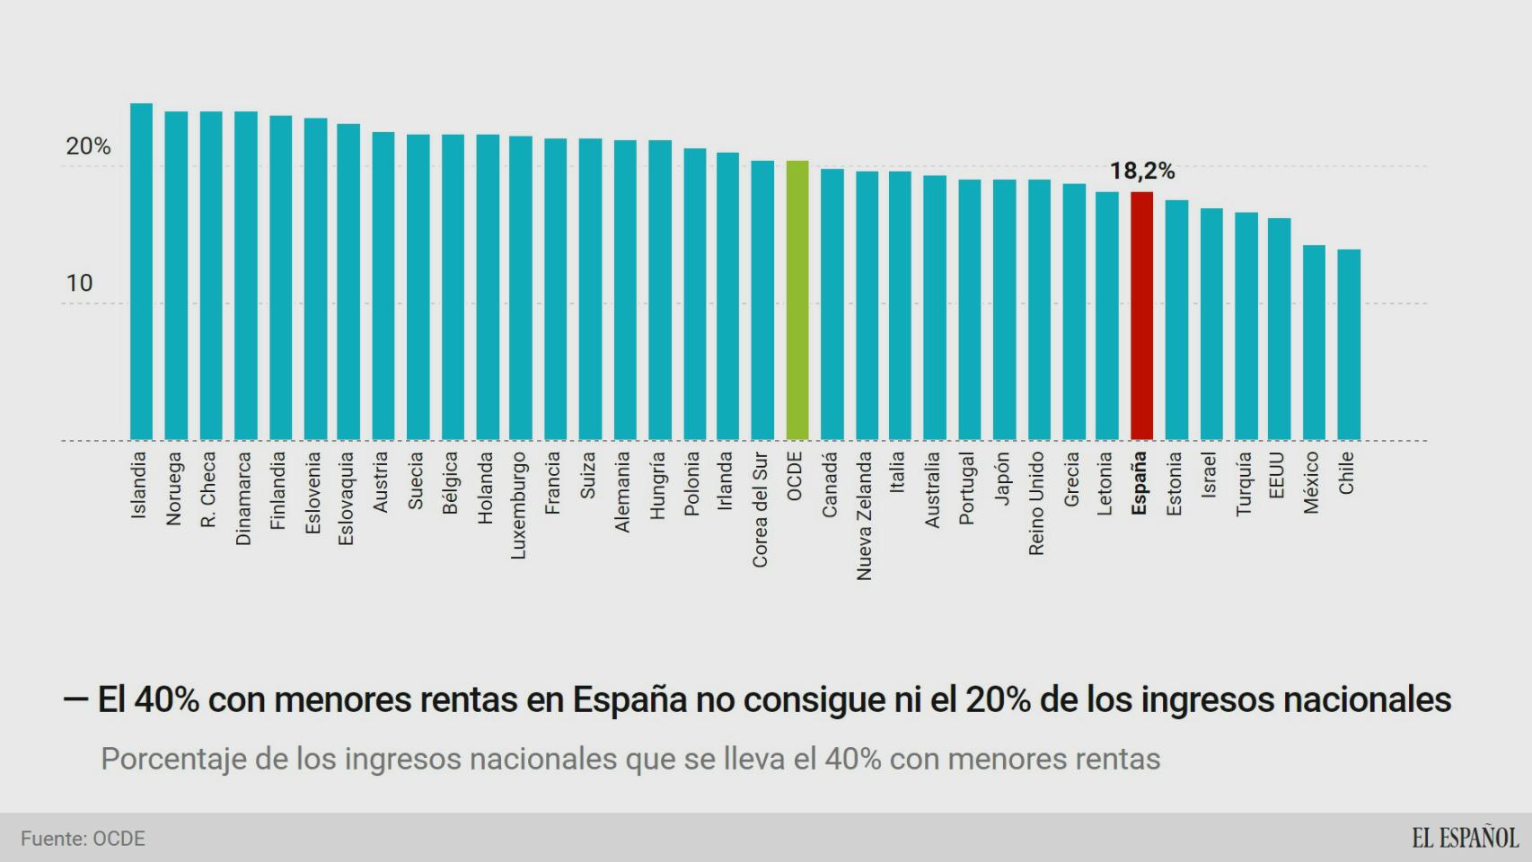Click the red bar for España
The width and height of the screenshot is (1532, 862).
(x=1141, y=316)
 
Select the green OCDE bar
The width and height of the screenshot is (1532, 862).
(x=797, y=301)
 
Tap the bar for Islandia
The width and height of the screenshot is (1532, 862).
(x=141, y=272)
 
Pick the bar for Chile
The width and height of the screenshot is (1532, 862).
(x=1348, y=345)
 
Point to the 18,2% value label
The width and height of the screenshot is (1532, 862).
(x=1141, y=171)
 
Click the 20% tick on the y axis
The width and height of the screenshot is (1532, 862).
(x=88, y=146)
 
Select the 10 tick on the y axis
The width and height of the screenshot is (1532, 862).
(x=79, y=284)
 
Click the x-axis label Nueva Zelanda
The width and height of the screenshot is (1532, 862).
(x=864, y=515)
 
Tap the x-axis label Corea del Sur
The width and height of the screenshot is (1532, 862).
(x=760, y=509)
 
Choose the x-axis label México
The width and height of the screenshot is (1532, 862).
(x=1311, y=482)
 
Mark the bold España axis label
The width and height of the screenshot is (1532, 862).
(x=1139, y=483)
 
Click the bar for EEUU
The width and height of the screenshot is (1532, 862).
(x=1279, y=330)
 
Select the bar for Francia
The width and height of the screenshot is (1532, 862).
(x=555, y=289)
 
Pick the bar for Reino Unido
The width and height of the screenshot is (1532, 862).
(x=1038, y=310)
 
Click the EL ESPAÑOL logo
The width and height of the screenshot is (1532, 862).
(x=1465, y=838)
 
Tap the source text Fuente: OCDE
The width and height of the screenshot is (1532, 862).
(x=83, y=839)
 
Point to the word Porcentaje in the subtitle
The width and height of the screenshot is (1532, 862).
(x=173, y=760)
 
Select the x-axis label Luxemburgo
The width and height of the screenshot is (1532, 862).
(x=518, y=506)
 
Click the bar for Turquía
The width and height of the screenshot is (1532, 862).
(x=1245, y=326)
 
